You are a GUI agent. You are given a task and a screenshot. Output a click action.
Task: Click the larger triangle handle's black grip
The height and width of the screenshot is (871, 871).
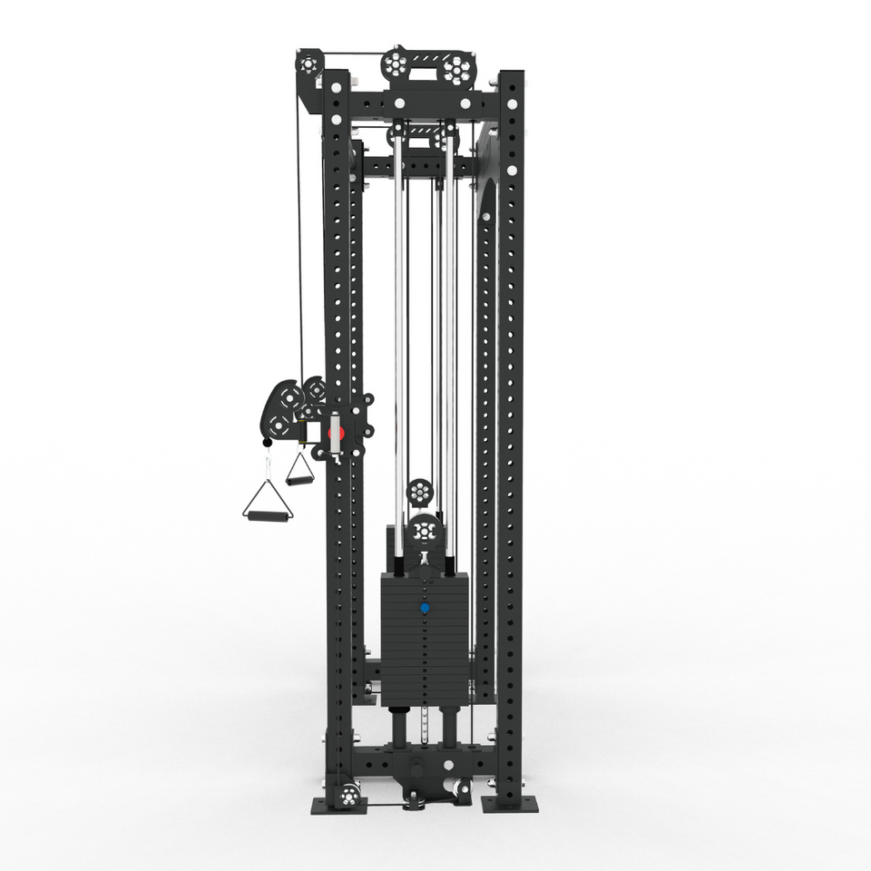266,516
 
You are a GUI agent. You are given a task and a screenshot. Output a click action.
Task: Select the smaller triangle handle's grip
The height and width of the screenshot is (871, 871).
299,480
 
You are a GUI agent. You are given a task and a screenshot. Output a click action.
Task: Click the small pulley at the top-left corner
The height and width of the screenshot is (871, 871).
306,64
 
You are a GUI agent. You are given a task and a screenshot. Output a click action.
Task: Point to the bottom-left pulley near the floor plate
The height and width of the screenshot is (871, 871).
347,797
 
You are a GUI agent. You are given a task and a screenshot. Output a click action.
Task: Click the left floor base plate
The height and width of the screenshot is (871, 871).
338,804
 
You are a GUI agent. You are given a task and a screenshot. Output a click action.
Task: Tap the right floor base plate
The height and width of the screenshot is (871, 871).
509,804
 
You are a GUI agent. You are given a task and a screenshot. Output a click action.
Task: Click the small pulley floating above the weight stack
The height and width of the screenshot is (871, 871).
419,493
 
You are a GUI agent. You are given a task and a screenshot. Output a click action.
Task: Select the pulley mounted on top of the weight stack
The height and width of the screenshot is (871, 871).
423,532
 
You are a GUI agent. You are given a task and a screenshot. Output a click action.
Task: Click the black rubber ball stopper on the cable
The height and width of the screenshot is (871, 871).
267,443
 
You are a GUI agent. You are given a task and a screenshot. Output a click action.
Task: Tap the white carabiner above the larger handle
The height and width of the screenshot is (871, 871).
269,466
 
